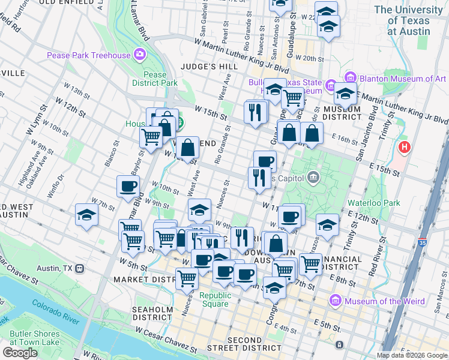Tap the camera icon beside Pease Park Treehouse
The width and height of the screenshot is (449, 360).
click(140, 56)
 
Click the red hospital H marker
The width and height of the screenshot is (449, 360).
click(405, 146)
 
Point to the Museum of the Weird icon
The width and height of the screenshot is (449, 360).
click(335, 300)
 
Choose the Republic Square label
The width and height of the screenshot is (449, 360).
click(215, 299)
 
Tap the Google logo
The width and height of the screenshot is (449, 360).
click(20, 353)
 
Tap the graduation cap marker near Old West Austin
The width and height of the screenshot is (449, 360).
click(86, 215)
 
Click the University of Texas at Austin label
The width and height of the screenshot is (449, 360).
click(410, 20)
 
